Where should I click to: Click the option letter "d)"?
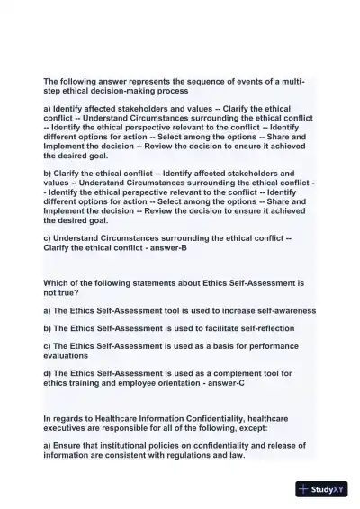[49, 373]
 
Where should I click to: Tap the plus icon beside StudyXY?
[303, 490]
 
